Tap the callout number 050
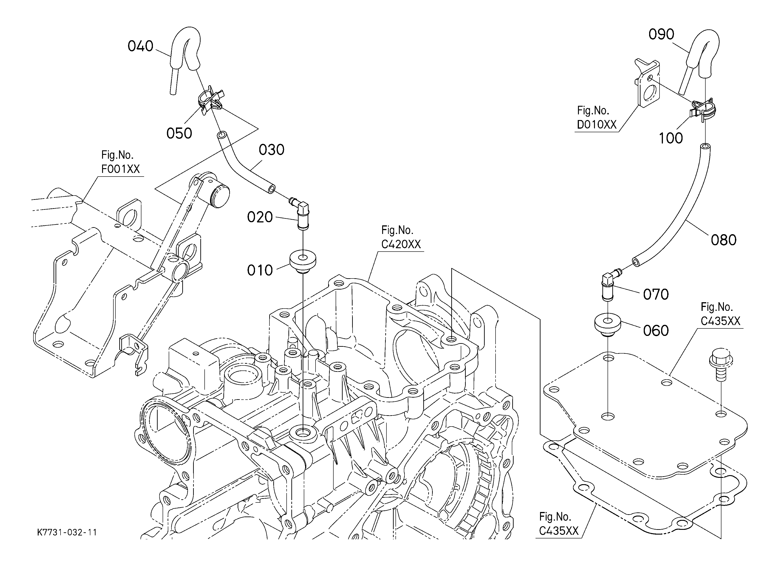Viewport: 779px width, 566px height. (x=179, y=133)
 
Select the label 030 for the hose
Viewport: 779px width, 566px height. (x=271, y=150)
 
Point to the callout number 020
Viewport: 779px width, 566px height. (x=260, y=217)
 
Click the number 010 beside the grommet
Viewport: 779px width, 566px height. (x=260, y=271)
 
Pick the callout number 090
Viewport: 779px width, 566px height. (x=661, y=34)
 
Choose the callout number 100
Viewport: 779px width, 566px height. (x=670, y=139)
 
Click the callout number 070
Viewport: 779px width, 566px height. (x=656, y=295)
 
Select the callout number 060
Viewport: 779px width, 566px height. (x=656, y=331)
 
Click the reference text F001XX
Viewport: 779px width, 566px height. (x=121, y=169)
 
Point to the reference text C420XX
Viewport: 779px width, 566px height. (x=401, y=244)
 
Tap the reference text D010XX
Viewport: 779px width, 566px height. (x=597, y=124)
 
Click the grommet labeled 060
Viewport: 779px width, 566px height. (x=608, y=326)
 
